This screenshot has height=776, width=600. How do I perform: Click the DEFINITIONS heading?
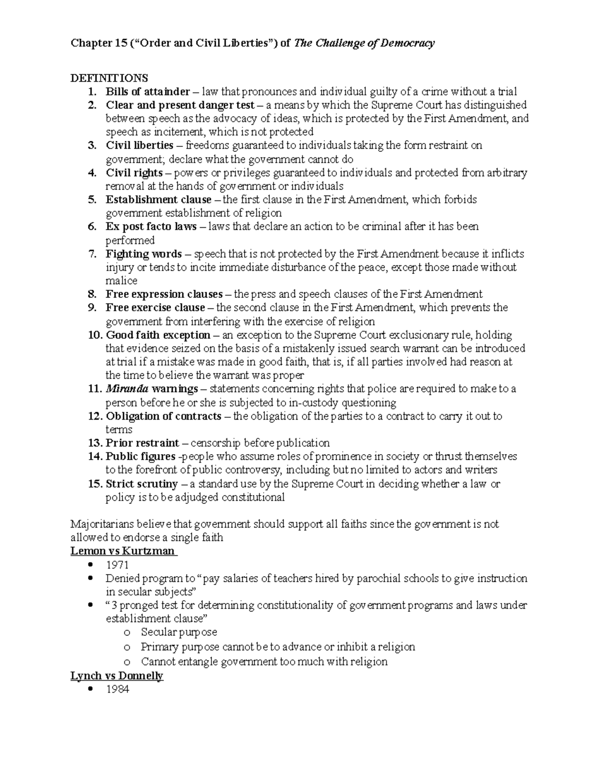tap(109, 78)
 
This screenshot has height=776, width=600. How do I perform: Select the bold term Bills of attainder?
tap(147, 91)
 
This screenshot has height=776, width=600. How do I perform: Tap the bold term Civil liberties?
tap(139, 145)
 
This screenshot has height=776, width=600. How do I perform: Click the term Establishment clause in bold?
tap(158, 199)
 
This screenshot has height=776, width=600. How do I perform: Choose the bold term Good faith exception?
tap(158, 335)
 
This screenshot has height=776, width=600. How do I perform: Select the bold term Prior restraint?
tap(142, 443)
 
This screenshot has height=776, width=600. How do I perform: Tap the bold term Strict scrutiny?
tap(141, 484)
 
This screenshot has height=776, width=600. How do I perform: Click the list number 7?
tap(92, 254)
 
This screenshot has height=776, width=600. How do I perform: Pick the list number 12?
tap(94, 416)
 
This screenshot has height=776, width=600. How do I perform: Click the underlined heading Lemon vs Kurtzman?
tap(122, 551)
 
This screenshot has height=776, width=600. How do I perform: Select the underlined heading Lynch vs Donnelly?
tap(116, 676)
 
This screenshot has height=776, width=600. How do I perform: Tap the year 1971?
tap(117, 565)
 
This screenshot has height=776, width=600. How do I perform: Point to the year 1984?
tap(117, 690)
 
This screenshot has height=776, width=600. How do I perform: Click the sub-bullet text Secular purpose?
tap(179, 632)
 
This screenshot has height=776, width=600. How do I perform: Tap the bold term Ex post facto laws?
tap(151, 226)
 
